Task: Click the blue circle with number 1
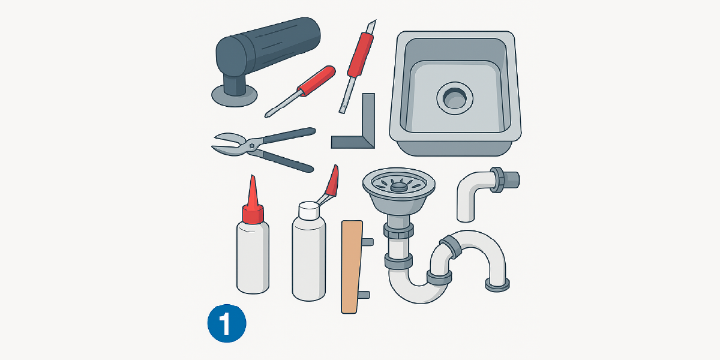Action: (227, 323)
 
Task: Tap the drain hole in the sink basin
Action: (455, 98)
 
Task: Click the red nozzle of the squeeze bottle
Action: (253, 201)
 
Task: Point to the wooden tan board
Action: (352, 267)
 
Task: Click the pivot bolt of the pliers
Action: (253, 146)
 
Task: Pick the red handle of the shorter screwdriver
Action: (317, 81)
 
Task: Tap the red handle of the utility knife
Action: (361, 55)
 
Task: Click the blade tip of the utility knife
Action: (375, 20)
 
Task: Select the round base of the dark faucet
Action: (235, 96)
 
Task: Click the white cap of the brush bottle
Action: (309, 211)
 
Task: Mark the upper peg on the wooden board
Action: (368, 242)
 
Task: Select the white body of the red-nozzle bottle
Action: (253, 257)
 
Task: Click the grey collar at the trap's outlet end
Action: (497, 285)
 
